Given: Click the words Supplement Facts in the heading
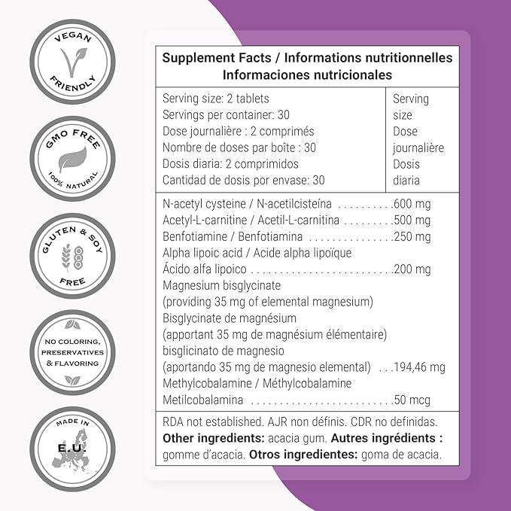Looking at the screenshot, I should pyautogui.click(x=206, y=58).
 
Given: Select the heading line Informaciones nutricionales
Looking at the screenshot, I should pyautogui.click(x=307, y=75).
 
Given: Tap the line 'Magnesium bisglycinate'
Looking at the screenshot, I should pyautogui.click(x=221, y=285).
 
